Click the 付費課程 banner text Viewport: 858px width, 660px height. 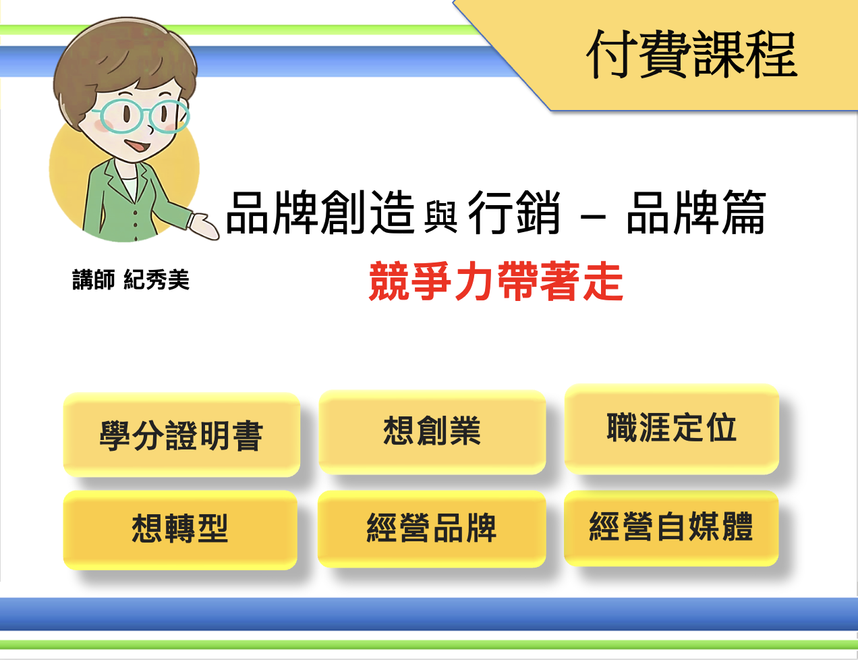(692, 55)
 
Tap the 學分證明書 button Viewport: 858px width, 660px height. (181, 435)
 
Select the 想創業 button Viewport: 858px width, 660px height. (432, 432)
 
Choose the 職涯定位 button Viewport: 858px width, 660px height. (672, 429)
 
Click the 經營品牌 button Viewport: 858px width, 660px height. (432, 528)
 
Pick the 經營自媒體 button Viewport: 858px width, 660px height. (671, 528)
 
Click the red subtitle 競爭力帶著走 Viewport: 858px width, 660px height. (496, 281)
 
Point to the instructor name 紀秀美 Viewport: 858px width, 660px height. (156, 279)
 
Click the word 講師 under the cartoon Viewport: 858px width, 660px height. (94, 279)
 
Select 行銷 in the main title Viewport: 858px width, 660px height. (514, 213)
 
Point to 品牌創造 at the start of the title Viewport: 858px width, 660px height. (320, 213)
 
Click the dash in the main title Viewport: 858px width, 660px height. (593, 217)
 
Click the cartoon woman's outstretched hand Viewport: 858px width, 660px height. (204, 227)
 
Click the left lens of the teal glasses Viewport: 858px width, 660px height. (119, 115)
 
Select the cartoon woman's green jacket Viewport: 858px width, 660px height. (119, 205)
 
